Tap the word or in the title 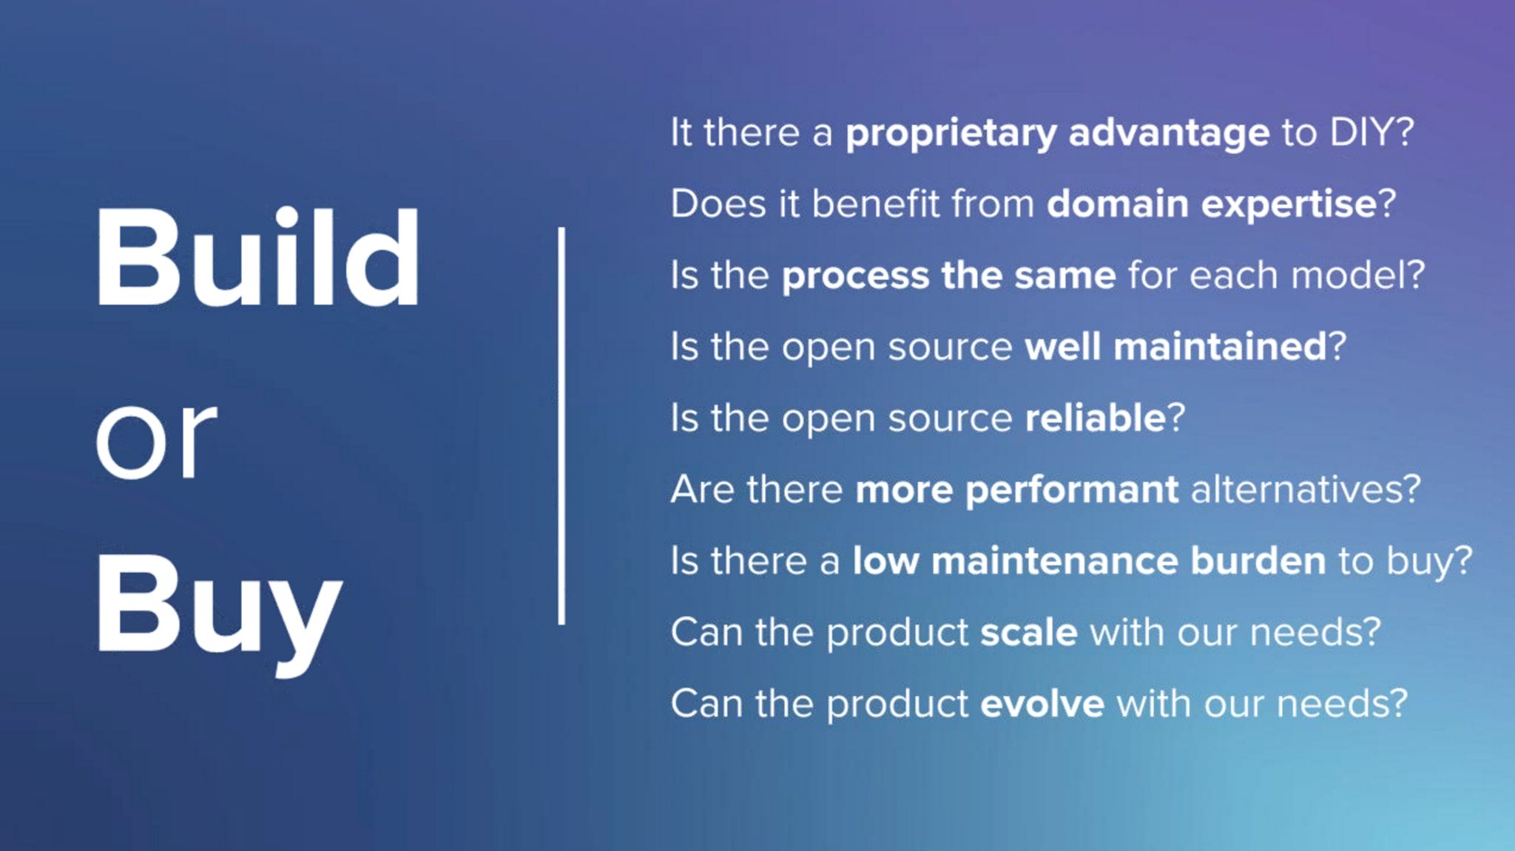[156, 441]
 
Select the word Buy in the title [219, 612]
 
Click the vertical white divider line [561, 426]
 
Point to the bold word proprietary [951, 134]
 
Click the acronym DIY [1362, 132]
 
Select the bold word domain [1117, 203]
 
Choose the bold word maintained [1220, 346]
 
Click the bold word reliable [1096, 417]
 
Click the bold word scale [1029, 632]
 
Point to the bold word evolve [1042, 704]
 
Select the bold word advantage [1170, 134]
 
